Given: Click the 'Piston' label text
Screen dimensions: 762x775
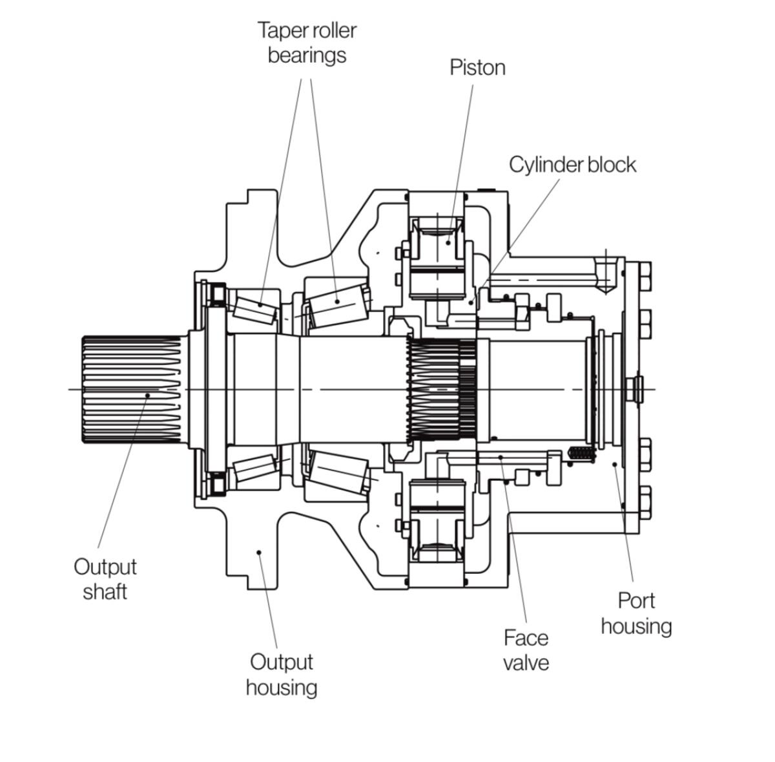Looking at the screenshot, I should click(x=477, y=68).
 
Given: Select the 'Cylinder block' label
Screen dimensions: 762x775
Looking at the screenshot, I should click(x=572, y=165).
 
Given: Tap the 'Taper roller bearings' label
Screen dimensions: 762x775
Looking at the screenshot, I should click(x=307, y=43).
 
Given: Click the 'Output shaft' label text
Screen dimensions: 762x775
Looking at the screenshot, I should click(x=105, y=579).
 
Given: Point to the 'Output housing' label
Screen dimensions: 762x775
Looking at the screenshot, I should click(x=281, y=674).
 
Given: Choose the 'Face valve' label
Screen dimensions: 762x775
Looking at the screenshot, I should click(x=526, y=650).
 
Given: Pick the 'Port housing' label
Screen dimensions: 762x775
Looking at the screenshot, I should click(x=635, y=613).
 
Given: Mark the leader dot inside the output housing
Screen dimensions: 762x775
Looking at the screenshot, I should click(x=258, y=552).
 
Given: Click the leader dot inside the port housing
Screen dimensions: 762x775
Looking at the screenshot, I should click(x=614, y=464).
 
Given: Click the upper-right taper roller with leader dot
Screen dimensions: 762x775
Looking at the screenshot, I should click(x=337, y=301).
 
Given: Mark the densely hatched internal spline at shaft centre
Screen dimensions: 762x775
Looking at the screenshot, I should click(x=442, y=390).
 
